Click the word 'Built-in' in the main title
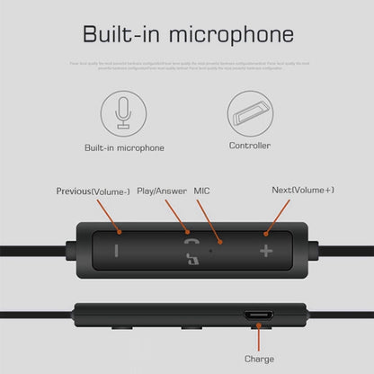click(128, 35)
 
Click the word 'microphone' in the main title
click(235, 36)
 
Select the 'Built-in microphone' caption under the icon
click(123, 146)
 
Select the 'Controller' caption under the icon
click(250, 145)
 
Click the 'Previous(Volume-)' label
click(93, 191)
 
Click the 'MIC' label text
click(202, 191)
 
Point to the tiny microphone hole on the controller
click(211, 249)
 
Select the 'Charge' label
click(259, 359)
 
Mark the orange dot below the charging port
click(259, 334)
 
